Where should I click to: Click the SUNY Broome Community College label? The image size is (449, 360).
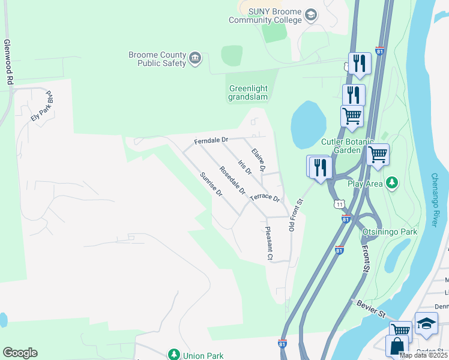pyautogui.click(x=265, y=16)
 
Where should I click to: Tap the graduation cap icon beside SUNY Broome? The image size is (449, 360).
pyautogui.click(x=311, y=14)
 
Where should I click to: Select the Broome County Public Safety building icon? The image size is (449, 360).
pyautogui.click(x=195, y=58)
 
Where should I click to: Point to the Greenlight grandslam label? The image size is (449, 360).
pyautogui.click(x=248, y=93)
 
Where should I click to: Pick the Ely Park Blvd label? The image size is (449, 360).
pyautogui.click(x=41, y=106)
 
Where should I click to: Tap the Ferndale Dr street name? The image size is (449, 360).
pyautogui.click(x=211, y=140)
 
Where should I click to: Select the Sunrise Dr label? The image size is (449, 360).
pyautogui.click(x=211, y=185)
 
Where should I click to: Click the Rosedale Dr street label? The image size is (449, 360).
pyautogui.click(x=232, y=181)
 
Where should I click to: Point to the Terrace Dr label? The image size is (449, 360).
pyautogui.click(x=265, y=196)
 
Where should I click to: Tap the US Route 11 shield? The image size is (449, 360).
pyautogui.click(x=340, y=205)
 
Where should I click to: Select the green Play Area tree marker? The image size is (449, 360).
pyautogui.click(x=392, y=182)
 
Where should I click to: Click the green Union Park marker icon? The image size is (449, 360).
pyautogui.click(x=174, y=355)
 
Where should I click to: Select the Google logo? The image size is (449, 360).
pyautogui.click(x=20, y=353)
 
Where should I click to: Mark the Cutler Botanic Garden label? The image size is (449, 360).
pyautogui.click(x=340, y=146)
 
